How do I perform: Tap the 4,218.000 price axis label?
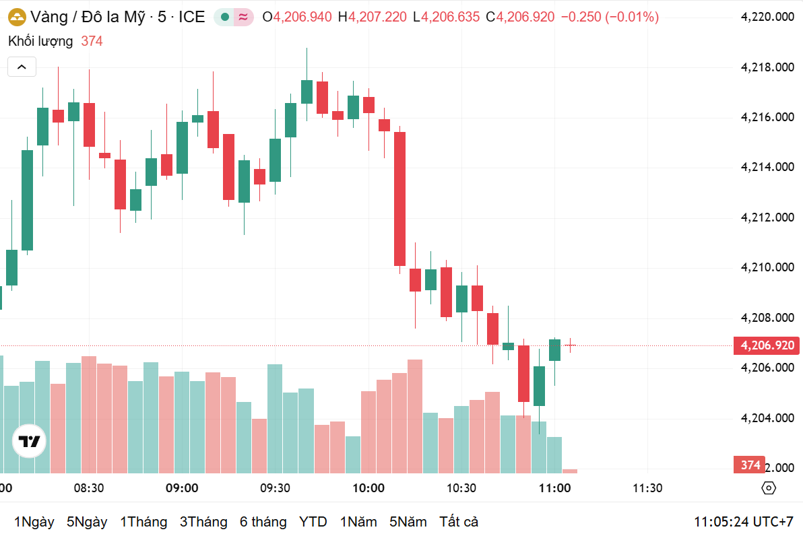(x=767, y=67)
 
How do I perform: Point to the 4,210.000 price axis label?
(x=767, y=267)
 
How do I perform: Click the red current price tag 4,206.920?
(x=767, y=346)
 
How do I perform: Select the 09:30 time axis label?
(x=275, y=488)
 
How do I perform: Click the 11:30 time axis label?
(x=647, y=488)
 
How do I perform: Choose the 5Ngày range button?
(x=87, y=522)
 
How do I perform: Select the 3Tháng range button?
(x=203, y=522)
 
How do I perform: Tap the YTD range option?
(x=313, y=522)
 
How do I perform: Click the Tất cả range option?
(x=459, y=522)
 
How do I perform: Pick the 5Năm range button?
(x=408, y=522)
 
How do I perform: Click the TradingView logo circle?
(x=30, y=442)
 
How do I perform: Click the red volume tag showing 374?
(x=750, y=465)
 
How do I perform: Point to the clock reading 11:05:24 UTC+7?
(x=744, y=522)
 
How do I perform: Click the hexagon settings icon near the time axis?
(x=769, y=488)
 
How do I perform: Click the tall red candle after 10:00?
(x=399, y=199)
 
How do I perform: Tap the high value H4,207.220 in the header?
(x=373, y=17)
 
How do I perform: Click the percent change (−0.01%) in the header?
(x=632, y=17)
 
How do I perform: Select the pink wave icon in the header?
(x=243, y=18)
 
